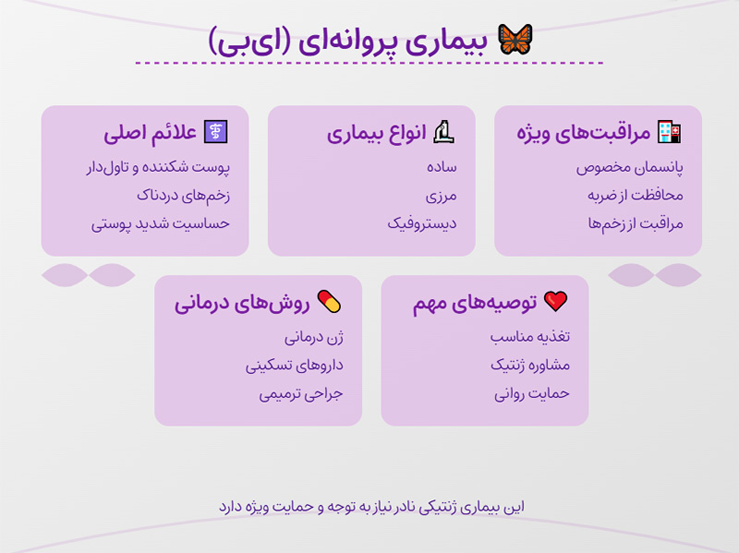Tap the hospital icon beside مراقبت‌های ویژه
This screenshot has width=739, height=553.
[668, 133]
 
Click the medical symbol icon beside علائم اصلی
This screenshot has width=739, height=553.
[215, 133]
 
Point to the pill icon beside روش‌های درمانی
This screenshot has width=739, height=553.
[330, 301]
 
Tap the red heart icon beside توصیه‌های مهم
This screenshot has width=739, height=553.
[555, 301]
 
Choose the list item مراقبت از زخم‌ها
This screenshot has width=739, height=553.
[635, 223]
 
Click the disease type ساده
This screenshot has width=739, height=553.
[442, 169]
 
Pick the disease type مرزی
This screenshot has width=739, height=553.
[441, 196]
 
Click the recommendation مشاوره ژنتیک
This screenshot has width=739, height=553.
[530, 365]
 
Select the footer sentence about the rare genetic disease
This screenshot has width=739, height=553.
[369, 507]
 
